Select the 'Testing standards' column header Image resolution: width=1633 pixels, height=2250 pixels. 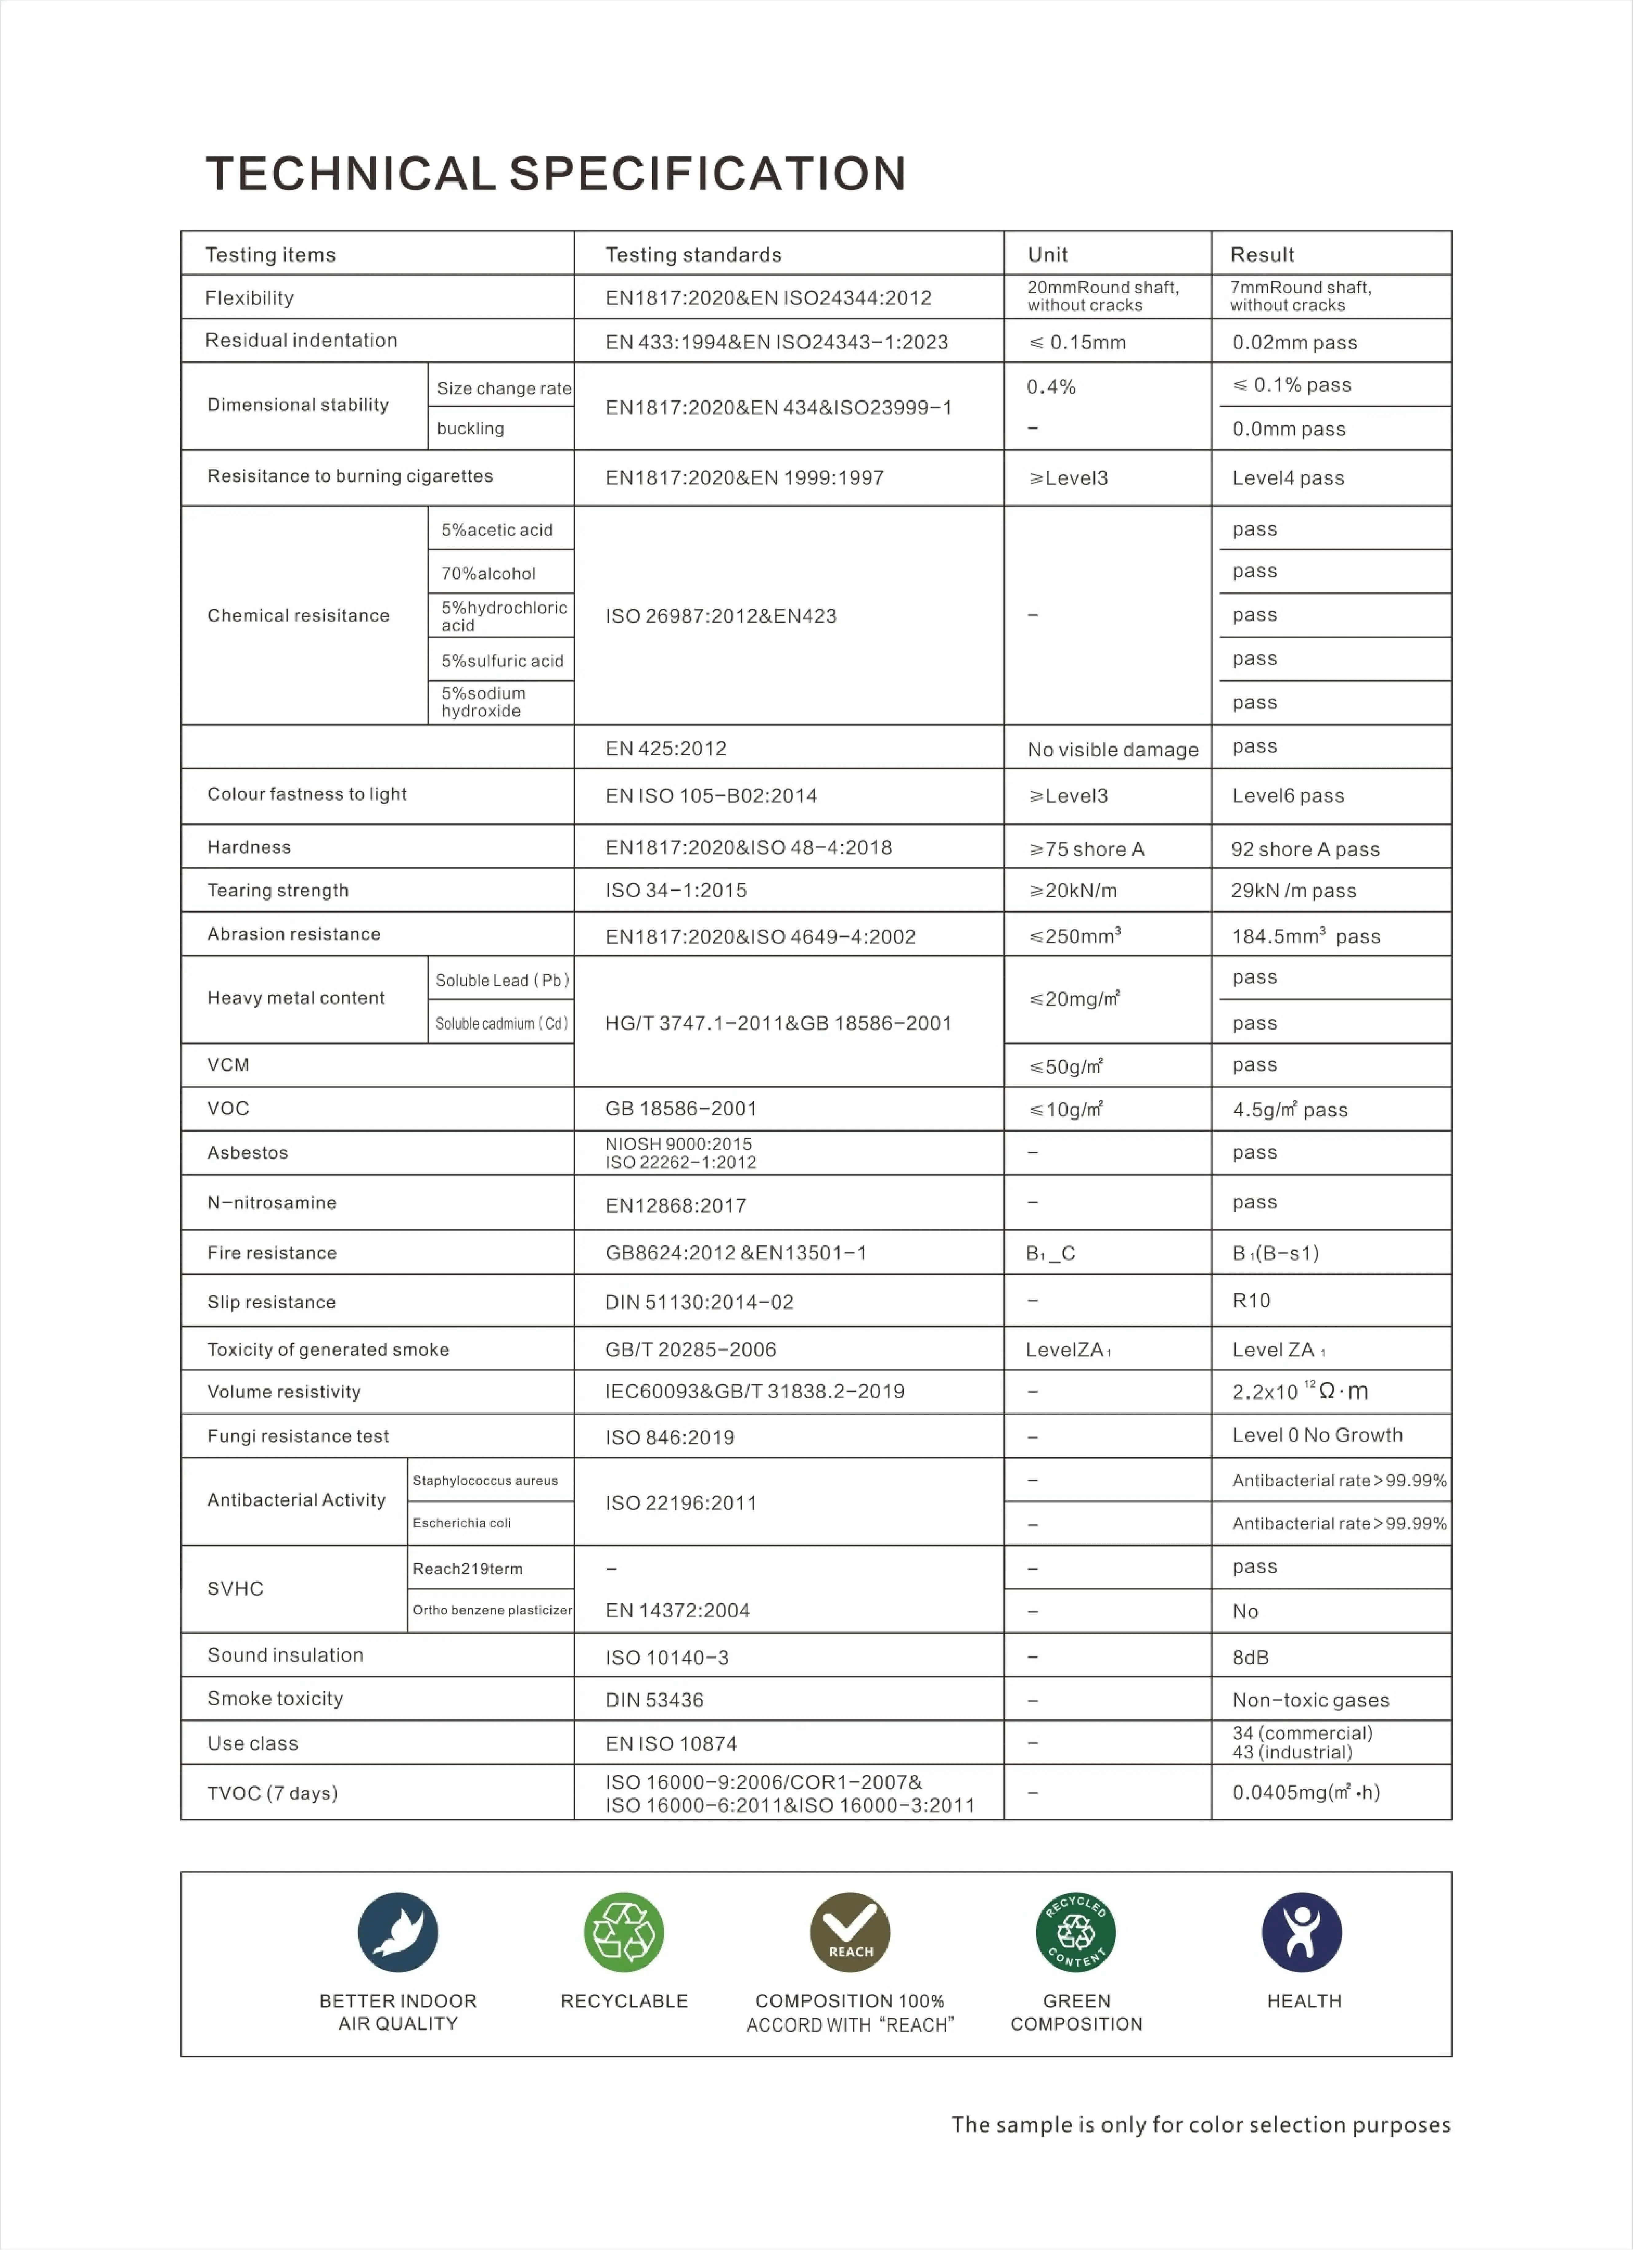(693, 255)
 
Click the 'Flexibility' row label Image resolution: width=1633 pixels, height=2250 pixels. (249, 298)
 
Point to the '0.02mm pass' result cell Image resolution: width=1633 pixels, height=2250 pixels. (1295, 342)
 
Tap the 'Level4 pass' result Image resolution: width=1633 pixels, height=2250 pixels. (1288, 478)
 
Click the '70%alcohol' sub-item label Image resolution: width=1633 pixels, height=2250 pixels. (488, 573)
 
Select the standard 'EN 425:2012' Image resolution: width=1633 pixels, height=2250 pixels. (666, 748)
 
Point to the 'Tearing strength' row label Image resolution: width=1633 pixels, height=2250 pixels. (278, 890)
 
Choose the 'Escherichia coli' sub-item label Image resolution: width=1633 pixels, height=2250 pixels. (461, 1523)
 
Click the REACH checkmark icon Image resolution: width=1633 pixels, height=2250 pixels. (850, 1933)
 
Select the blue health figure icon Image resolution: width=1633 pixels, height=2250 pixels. (1302, 1933)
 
